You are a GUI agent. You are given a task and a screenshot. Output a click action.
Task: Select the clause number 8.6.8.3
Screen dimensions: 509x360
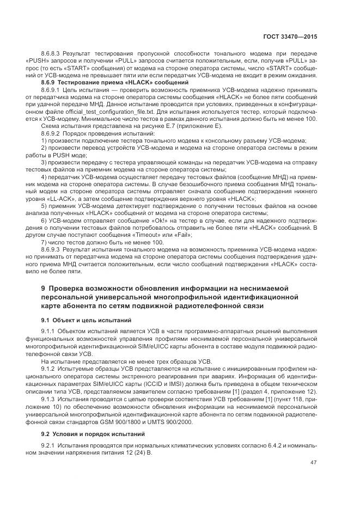pyautogui.click(x=51, y=55)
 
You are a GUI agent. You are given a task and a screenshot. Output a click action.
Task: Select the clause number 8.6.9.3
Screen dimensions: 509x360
pyautogui.click(x=51, y=248)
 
